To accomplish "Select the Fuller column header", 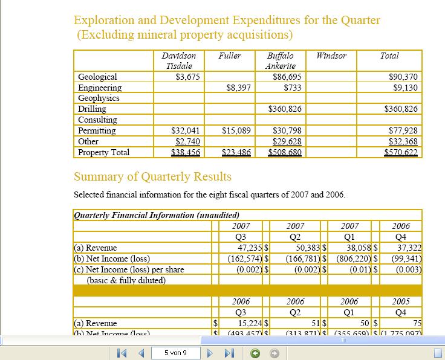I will click(x=230, y=56).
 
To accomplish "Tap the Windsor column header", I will click(x=331, y=56).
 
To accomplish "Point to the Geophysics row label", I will click(x=99, y=98).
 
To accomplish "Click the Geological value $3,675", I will click(x=187, y=77).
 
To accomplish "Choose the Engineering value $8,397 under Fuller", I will click(x=239, y=88).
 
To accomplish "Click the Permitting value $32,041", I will click(x=186, y=130).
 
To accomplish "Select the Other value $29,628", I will click(x=287, y=141).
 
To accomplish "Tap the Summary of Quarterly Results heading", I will click(x=152, y=177).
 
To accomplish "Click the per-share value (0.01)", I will click(x=360, y=269).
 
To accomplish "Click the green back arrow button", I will click(x=256, y=352).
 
